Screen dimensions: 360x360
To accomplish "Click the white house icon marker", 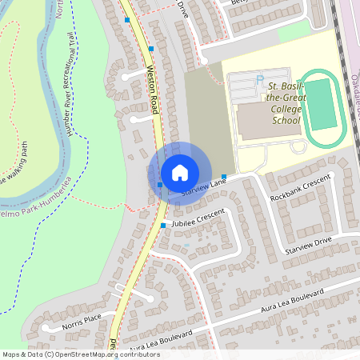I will pos(180,172).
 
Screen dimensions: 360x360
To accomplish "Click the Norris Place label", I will pos(82,322).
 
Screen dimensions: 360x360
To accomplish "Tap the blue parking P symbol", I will pos(259,78).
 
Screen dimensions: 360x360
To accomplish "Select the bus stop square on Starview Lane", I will pos(225,177).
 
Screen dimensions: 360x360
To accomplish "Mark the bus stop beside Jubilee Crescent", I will pos(163,226).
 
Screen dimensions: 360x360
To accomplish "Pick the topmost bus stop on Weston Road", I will pos(127,18).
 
